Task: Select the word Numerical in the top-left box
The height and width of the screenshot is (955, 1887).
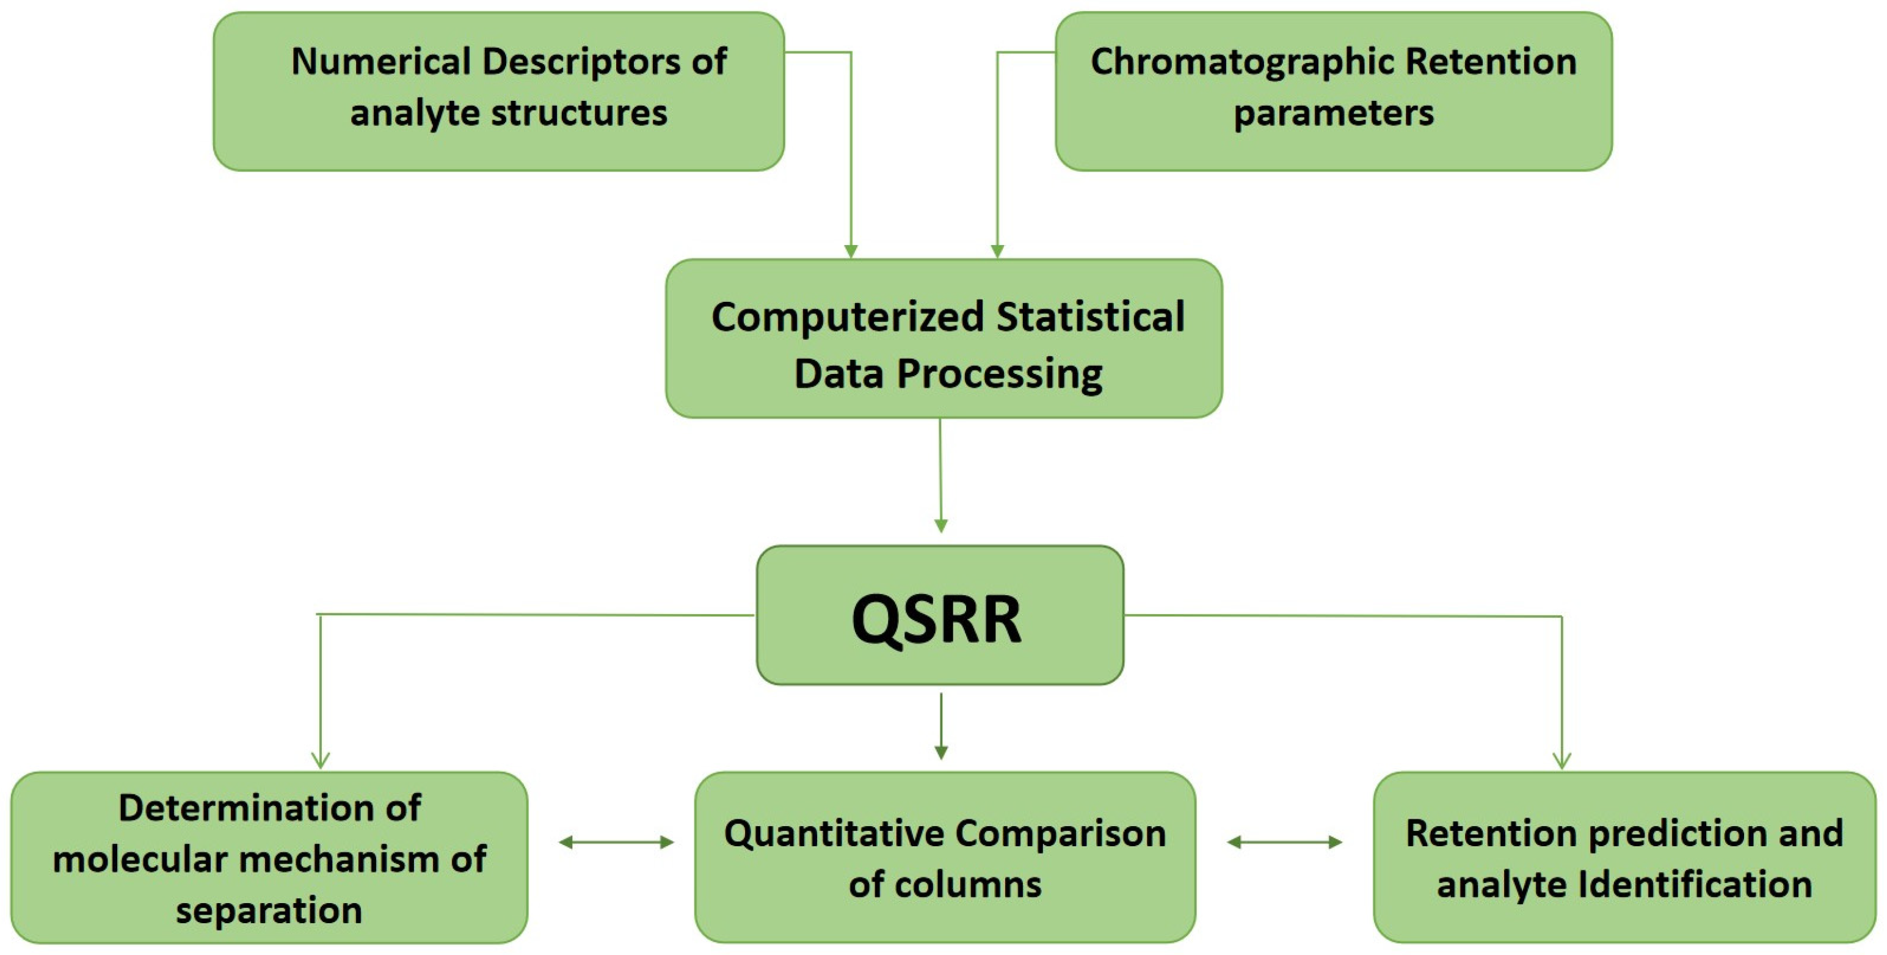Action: (380, 61)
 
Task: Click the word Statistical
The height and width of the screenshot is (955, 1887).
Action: (1091, 317)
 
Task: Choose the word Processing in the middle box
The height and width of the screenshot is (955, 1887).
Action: (999, 373)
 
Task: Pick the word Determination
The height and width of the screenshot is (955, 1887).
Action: (269, 808)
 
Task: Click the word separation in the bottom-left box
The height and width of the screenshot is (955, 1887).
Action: (269, 910)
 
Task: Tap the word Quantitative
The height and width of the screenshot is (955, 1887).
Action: (834, 833)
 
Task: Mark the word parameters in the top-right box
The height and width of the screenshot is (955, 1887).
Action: (1333, 113)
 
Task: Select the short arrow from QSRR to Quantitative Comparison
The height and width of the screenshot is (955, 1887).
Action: (941, 726)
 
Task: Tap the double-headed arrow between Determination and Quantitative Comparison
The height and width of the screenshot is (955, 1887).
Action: (616, 842)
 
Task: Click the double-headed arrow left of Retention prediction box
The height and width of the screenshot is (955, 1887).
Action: (1285, 842)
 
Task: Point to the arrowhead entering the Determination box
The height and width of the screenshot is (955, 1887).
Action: (320, 760)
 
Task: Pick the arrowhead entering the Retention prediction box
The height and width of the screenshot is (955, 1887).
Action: (1562, 760)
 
